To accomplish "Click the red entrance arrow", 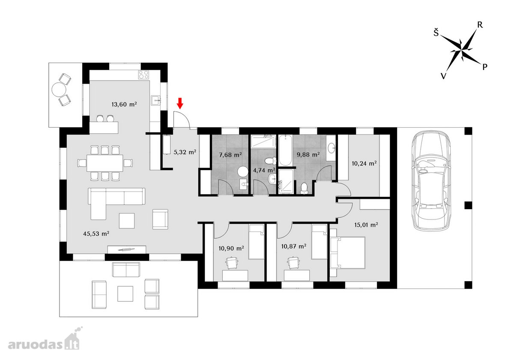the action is coord(180,103).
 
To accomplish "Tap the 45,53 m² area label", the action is coord(96,234).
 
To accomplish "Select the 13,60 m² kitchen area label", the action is coord(124,105).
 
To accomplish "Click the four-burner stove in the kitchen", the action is coord(143,75).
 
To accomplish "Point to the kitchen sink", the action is coord(156,100).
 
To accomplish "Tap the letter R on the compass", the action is coord(480,25).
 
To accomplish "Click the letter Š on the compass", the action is coord(436,33).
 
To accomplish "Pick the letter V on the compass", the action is coord(443,76).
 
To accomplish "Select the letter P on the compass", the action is coord(484,67).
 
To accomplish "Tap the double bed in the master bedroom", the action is coord(347,252).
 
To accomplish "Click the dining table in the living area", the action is coord(105,163).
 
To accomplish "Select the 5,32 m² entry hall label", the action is coord(185,152).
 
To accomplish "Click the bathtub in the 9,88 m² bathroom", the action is coord(285,150).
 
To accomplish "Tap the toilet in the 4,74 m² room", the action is coord(271,160).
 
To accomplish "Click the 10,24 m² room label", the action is coord(364,163).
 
